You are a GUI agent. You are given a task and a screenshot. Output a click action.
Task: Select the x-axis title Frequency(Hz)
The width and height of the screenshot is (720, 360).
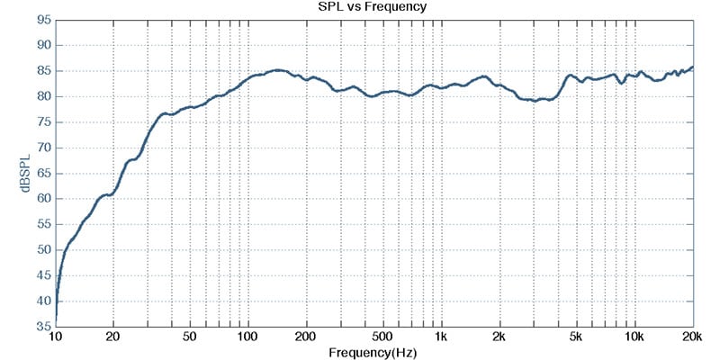pos(372,351)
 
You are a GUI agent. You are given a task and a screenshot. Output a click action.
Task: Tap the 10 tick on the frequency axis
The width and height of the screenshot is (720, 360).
pos(56,337)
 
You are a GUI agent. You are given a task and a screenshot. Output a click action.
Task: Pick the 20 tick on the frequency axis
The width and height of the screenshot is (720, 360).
pos(113,337)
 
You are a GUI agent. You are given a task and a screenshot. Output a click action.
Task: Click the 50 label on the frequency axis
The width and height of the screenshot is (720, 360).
pos(190,337)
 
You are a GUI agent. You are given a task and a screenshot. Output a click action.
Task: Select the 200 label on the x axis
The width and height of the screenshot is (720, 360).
pos(307,337)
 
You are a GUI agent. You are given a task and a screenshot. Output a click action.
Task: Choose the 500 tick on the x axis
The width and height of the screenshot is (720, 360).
pos(383,337)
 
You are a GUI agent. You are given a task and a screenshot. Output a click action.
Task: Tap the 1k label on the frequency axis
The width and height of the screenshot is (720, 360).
pos(441,337)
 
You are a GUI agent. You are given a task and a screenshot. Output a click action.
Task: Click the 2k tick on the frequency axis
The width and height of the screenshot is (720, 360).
pos(499,337)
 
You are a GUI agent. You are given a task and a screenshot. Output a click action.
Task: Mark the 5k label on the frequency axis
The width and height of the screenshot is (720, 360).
pos(576,337)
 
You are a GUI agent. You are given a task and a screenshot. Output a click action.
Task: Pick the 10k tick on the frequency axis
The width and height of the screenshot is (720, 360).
pos(634,337)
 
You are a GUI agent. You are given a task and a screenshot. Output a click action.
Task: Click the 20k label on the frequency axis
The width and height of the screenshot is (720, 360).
pos(692,337)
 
